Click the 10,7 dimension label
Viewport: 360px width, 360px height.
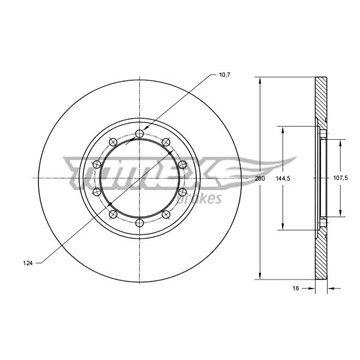point(225,75)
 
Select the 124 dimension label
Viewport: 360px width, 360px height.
point(28,263)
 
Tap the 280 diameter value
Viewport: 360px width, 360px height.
point(260,179)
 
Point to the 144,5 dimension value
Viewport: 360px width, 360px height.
point(283,179)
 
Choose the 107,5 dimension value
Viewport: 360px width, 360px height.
point(340,179)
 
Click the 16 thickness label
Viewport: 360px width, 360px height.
point(295,288)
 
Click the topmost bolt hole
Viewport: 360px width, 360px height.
point(139,134)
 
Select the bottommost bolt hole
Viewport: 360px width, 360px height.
point(139,223)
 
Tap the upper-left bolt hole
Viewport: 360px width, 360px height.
point(113,142)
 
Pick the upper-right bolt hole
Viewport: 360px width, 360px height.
point(166,142)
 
